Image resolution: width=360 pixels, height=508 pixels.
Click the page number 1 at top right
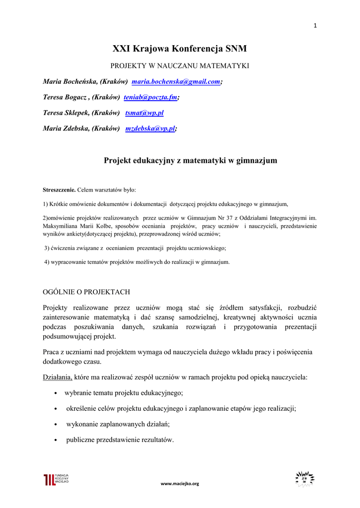tap(315, 26)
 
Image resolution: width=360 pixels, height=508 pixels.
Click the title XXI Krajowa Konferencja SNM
tap(179, 49)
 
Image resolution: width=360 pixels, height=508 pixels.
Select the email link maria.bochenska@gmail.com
tap(176, 81)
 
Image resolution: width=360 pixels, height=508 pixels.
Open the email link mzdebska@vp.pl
tap(150, 128)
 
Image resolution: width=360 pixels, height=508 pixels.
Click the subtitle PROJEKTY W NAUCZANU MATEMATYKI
tap(179, 65)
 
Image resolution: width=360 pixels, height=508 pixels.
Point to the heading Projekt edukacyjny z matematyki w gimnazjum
tap(190, 160)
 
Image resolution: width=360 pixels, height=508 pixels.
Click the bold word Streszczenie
tap(59, 190)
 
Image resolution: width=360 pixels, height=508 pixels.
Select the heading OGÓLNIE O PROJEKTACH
tap(86, 292)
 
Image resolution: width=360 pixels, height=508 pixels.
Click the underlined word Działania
tap(57, 377)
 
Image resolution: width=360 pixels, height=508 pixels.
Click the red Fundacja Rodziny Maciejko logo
tap(56, 479)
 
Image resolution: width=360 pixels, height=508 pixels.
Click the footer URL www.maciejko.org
tap(180, 483)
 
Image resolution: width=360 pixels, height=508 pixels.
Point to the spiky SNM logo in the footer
tap(304, 478)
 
